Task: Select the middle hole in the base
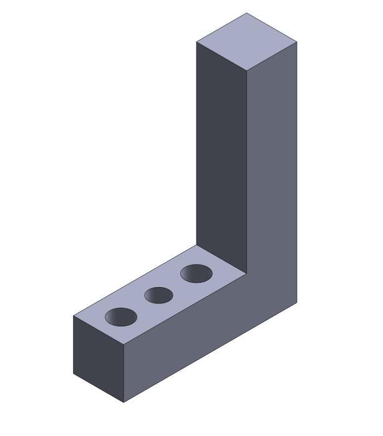(x=158, y=295)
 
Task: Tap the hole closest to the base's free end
(x=120, y=317)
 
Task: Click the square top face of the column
(x=246, y=42)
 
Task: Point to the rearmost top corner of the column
(x=246, y=13)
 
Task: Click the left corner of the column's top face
(x=196, y=42)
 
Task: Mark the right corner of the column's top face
(x=297, y=42)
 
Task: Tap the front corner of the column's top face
(x=247, y=71)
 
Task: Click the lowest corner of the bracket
(x=124, y=402)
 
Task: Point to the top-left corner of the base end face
(x=74, y=316)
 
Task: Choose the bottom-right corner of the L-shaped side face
(x=297, y=302)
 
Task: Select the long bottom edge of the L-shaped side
(x=210, y=353)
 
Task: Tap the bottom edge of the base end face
(x=99, y=388)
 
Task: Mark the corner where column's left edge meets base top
(x=196, y=245)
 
